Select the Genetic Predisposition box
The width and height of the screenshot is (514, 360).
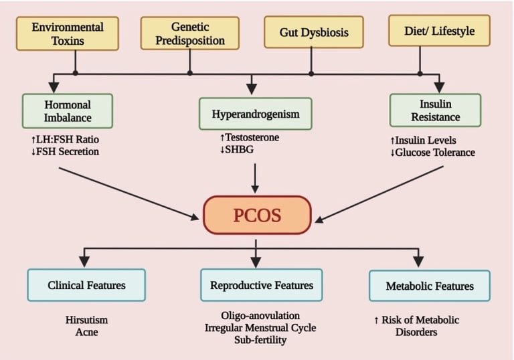pos(189,33)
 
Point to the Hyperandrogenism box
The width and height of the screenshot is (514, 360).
pos(255,114)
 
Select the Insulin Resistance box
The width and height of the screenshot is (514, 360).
pos(436,110)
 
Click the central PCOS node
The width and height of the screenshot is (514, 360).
pos(258,215)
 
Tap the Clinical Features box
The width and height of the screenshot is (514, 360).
pos(86,285)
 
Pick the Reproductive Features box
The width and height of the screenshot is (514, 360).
pos(261,285)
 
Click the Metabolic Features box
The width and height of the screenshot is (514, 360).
pos(430,286)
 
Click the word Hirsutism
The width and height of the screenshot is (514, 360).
pos(86,320)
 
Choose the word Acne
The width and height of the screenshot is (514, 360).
pos(86,332)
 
